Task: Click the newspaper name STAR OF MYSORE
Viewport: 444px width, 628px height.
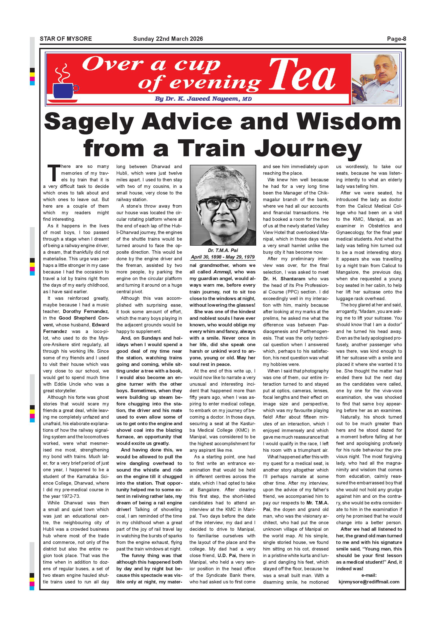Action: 66,39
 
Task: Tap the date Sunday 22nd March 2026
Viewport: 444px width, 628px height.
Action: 168,39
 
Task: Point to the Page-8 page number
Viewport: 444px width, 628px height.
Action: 396,39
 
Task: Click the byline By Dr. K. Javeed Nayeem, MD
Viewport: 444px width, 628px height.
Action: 203,99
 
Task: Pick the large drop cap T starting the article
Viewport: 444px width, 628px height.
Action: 54,173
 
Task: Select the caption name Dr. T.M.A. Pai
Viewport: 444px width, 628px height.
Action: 223,250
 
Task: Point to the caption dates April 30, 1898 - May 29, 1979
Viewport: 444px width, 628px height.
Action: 223,257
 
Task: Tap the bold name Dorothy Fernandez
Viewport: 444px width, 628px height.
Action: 86,311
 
